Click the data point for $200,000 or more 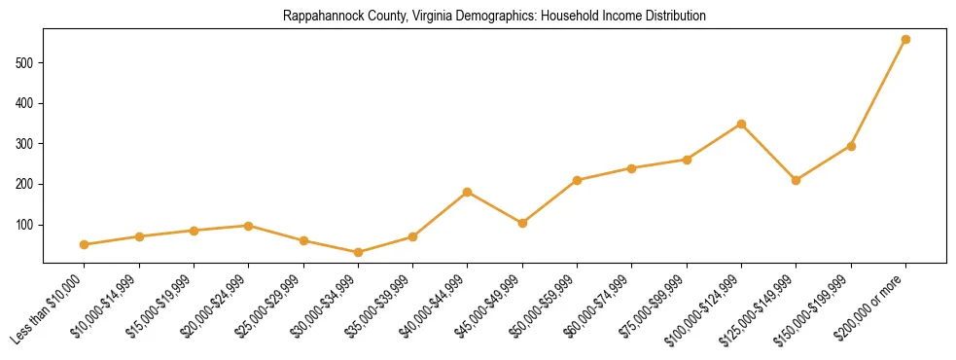click(905, 40)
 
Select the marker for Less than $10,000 click(85, 244)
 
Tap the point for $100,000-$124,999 click(741, 125)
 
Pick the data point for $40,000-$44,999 click(468, 192)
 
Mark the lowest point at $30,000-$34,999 click(358, 252)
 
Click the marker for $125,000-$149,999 click(797, 180)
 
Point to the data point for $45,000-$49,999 click(522, 223)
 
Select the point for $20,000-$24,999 click(249, 226)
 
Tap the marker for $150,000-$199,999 click(851, 146)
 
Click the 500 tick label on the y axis click(27, 63)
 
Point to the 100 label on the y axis click(27, 225)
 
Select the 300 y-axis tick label click(27, 144)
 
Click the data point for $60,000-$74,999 click(632, 168)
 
